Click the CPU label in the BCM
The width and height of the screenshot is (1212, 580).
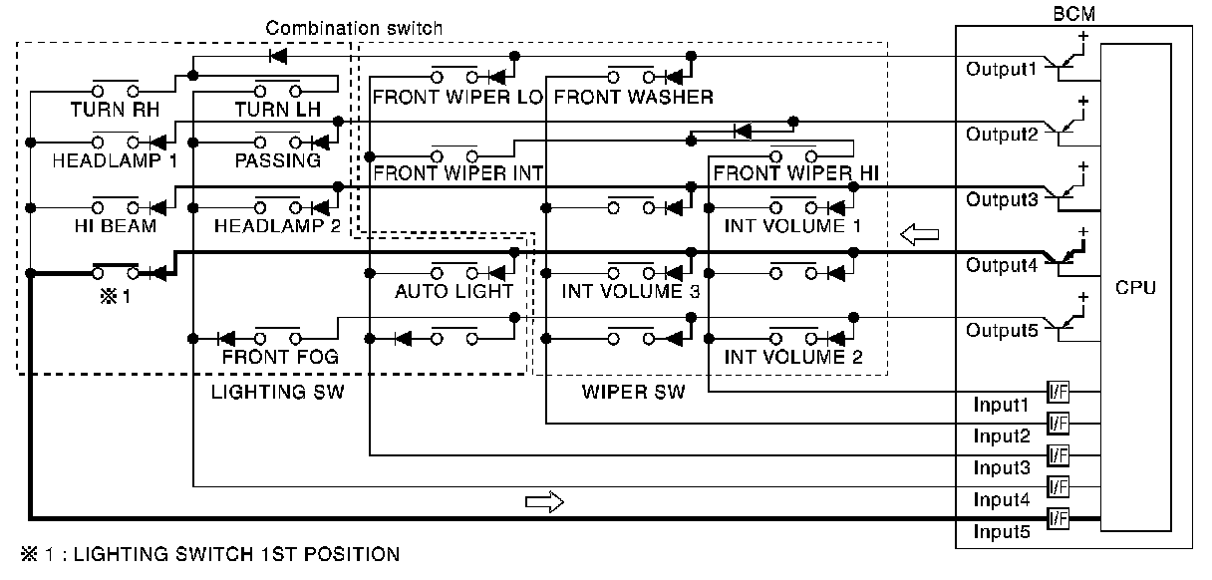coord(1135,288)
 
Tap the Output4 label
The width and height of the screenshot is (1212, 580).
coord(1002,266)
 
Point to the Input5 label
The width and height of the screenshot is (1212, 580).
coord(1001,531)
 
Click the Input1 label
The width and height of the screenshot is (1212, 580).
coord(1001,405)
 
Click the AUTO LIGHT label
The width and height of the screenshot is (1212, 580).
coord(454,291)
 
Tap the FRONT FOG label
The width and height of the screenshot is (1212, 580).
coord(280,356)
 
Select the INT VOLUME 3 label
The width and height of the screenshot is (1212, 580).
coord(630,291)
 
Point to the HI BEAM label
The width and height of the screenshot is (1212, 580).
coord(115,226)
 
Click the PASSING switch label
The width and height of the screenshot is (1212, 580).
coord(278,159)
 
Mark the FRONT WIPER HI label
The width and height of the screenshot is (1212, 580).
coord(795,172)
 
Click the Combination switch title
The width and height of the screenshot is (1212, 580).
coord(354,28)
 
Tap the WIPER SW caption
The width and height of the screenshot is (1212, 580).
coord(633,392)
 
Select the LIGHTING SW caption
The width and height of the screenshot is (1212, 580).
coord(277,392)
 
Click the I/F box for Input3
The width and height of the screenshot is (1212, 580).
coord(1058,454)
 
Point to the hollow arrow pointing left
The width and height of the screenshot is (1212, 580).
coord(918,235)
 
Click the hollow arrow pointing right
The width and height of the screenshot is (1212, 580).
coord(544,500)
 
